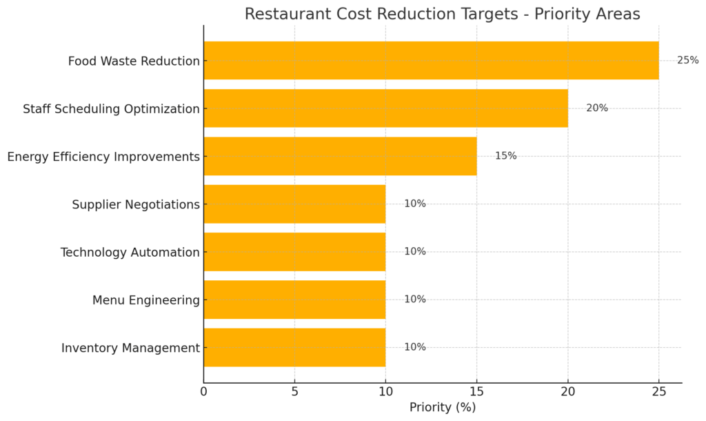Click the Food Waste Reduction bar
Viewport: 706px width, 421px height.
coord(431,61)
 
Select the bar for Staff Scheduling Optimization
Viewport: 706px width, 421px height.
coord(385,108)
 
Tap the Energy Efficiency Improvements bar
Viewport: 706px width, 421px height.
coord(340,156)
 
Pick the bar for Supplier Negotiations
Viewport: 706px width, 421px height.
coord(294,204)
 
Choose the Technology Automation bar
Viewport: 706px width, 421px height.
coord(294,252)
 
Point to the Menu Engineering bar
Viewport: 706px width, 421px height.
coord(294,300)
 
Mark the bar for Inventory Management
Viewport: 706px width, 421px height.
coord(294,347)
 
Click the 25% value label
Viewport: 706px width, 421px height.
coord(687,61)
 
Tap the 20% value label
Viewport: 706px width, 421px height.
coord(596,108)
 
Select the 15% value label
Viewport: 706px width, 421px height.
coord(505,156)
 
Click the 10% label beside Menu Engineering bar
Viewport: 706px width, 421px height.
coord(414,300)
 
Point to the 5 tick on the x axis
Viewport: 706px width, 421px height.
coord(294,392)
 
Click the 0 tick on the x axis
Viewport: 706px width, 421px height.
coord(203,392)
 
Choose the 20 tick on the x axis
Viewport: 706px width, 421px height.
coord(568,392)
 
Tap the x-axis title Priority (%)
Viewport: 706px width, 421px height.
coord(443,407)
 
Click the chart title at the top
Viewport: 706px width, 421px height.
coord(442,14)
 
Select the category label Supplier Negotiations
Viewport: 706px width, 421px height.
coord(136,204)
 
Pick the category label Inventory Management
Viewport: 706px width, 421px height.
coord(130,348)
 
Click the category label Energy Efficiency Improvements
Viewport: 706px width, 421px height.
coord(103,157)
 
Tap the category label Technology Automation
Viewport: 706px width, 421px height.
coord(130,253)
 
